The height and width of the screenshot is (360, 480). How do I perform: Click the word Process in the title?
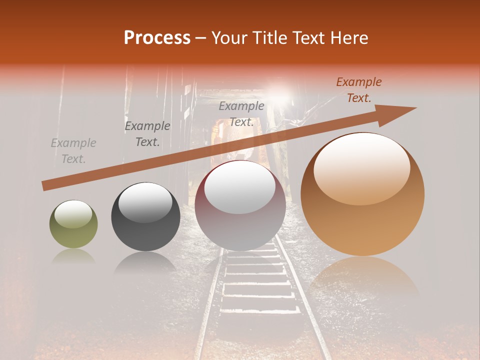point(157,37)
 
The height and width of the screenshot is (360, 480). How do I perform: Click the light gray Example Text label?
point(73,151)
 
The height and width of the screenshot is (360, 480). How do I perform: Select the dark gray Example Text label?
point(147,134)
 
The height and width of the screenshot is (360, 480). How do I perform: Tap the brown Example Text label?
point(358,90)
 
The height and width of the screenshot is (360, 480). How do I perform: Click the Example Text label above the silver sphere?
point(241,113)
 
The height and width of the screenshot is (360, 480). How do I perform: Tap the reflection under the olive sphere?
point(73,256)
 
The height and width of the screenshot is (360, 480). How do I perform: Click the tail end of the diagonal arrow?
point(46,186)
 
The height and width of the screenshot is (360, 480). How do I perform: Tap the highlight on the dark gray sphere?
point(145,202)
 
